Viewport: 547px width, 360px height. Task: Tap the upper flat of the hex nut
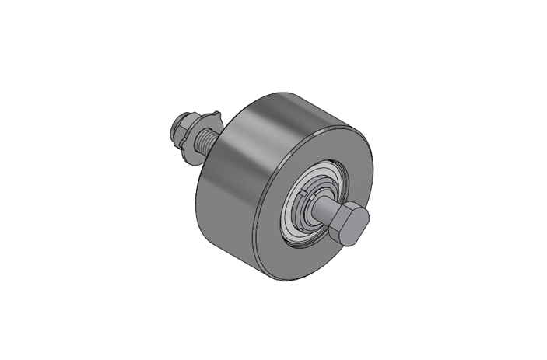point(182,121)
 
